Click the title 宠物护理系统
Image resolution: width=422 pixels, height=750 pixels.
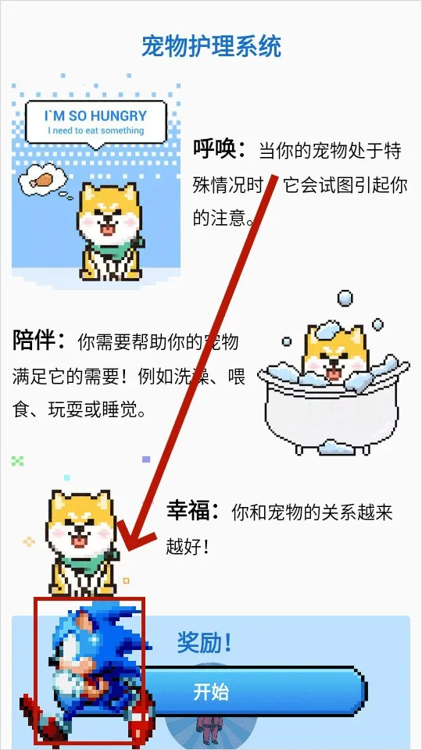tap(211, 46)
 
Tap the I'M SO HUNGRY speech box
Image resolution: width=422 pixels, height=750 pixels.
tap(96, 121)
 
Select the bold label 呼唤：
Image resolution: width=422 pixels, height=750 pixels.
tap(220, 148)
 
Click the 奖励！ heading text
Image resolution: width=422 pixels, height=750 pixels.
tap(206, 644)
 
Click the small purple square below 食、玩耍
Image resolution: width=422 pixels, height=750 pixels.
tap(145, 460)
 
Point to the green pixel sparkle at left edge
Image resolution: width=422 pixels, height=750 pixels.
tap(17, 461)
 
